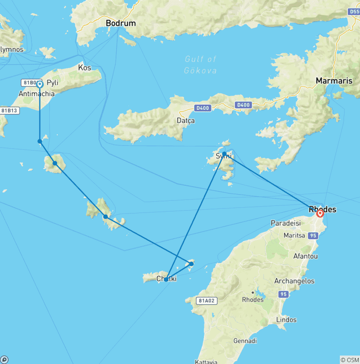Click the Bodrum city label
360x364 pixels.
pos(120,23)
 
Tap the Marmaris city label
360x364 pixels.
pos(334,81)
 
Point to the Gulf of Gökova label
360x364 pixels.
pos(201,65)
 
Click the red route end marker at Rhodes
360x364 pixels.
pos(320,213)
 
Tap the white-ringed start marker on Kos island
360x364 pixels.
pos(40,84)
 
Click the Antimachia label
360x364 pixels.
pos(37,94)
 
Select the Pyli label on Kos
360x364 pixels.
pos(52,83)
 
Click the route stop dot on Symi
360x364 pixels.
pos(225,154)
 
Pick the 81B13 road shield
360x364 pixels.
pos(9,111)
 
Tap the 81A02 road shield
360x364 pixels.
pos(206,301)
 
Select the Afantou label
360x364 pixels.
pos(305,257)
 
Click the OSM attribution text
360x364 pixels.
pos(350,360)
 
